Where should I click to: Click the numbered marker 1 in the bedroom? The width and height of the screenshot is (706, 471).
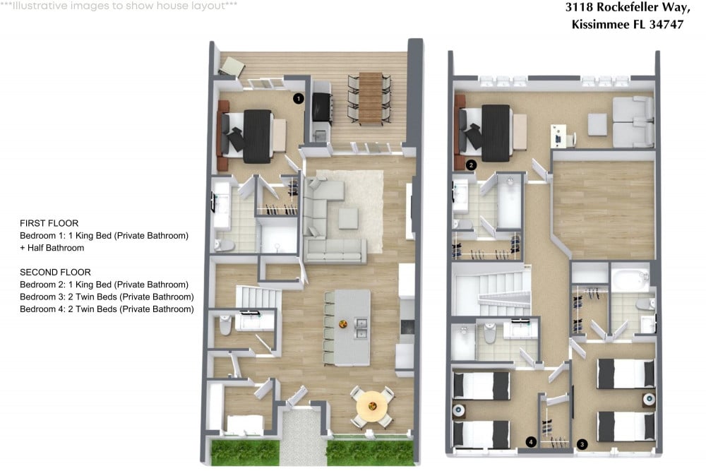(x=298, y=98)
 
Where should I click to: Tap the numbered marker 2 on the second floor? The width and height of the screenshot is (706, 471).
(x=471, y=165)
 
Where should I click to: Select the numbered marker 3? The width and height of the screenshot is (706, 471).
(x=582, y=444)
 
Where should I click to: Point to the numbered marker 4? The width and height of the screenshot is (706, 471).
(x=531, y=442)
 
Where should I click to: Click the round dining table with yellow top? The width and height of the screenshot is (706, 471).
(x=372, y=407)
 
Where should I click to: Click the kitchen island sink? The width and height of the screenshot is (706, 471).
(x=360, y=328)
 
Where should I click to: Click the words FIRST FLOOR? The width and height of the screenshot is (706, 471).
(x=49, y=223)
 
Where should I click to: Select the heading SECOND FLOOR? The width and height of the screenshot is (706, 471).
(x=55, y=273)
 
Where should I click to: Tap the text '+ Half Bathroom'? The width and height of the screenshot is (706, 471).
(x=52, y=248)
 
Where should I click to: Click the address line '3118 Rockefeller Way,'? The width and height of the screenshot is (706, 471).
(x=628, y=8)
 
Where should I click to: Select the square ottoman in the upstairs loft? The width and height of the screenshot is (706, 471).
(x=597, y=124)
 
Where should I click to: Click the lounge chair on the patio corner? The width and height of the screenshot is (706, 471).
(x=232, y=66)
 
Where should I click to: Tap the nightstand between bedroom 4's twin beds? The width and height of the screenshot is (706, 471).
(x=459, y=411)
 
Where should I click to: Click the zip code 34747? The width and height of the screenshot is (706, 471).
(x=666, y=24)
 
